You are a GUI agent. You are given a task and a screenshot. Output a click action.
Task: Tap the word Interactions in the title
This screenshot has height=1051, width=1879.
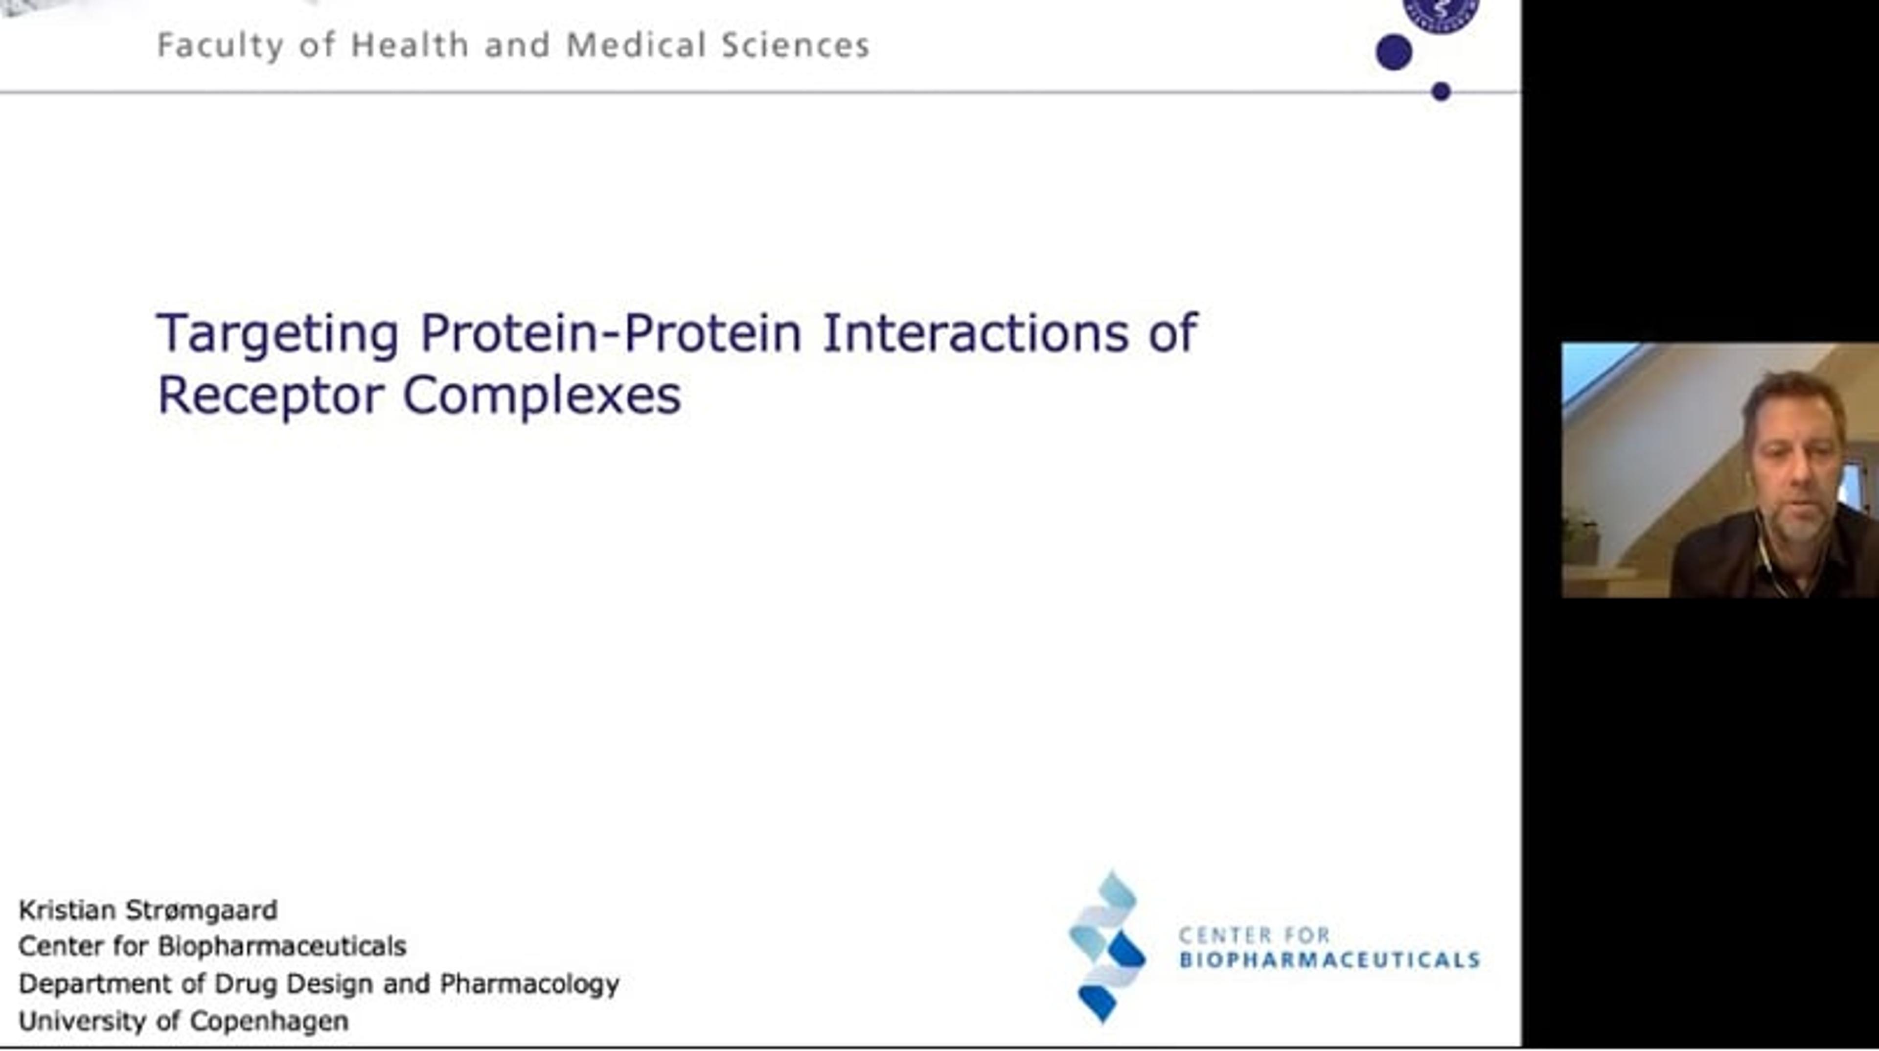[975, 333]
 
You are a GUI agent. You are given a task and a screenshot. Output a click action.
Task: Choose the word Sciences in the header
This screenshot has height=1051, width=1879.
[796, 45]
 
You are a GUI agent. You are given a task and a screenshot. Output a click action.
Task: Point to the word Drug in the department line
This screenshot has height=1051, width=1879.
[238, 984]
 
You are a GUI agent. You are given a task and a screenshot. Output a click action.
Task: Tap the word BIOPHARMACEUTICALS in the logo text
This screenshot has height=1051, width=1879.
[1329, 959]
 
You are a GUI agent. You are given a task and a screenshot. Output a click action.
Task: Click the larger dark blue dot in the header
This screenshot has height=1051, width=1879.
[1394, 52]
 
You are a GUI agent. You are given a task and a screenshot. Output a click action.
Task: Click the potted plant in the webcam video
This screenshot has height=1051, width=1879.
[1580, 537]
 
